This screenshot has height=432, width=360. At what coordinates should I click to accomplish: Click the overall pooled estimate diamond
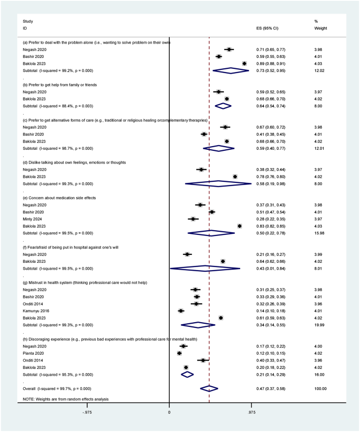209,388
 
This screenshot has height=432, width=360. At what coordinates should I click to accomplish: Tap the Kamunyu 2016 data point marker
181,311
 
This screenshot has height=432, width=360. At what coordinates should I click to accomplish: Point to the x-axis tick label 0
169,413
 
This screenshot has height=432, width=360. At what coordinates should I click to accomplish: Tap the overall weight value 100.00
320,388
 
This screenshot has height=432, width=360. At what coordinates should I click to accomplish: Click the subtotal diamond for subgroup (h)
187,374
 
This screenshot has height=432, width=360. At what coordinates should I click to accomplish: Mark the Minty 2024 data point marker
193,219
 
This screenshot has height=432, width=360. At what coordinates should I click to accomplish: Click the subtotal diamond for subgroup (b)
223,106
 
